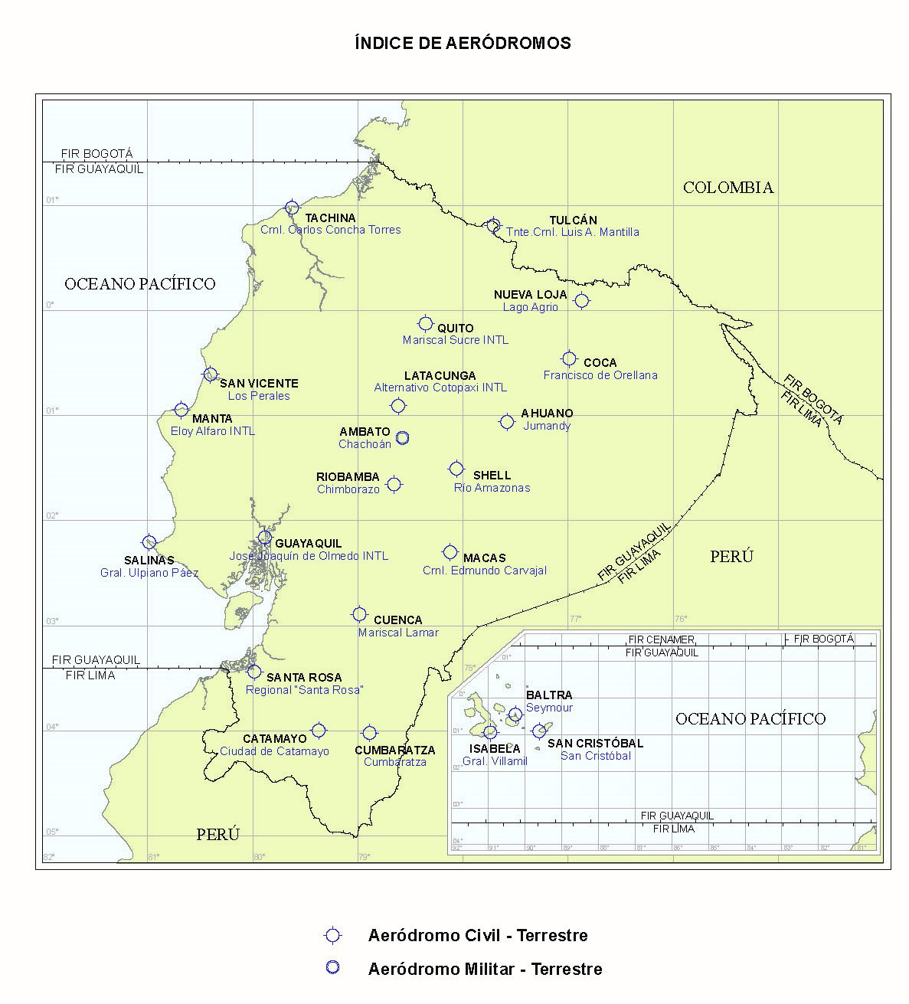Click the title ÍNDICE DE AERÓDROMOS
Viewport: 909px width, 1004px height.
463,43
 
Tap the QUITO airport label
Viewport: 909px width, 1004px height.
456,328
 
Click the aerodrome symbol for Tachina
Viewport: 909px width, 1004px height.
292,208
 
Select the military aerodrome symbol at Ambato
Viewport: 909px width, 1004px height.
402,437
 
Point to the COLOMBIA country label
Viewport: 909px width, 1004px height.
728,188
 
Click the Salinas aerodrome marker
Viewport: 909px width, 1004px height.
149,542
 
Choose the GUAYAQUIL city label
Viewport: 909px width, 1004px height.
309,543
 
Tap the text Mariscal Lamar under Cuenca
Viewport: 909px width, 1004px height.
398,633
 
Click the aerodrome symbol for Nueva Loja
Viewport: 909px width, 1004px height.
582,300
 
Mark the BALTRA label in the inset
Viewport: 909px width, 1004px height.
544,695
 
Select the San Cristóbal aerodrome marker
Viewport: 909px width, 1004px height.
539,731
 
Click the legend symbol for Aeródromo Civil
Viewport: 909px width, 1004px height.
332,935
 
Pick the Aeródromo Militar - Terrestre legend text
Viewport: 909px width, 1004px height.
485,969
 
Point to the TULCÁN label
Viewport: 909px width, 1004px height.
573,221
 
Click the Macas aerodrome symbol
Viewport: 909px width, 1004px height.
450,552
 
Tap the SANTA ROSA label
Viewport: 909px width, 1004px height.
304,678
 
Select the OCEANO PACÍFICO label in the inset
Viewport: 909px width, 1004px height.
750,718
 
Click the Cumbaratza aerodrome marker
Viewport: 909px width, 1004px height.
370,733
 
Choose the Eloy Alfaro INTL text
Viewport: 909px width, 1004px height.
213,431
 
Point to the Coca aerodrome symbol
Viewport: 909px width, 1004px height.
569,358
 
